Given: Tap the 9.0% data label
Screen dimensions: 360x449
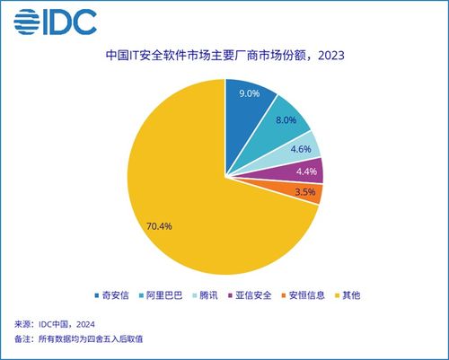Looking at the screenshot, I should [x=251, y=92].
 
